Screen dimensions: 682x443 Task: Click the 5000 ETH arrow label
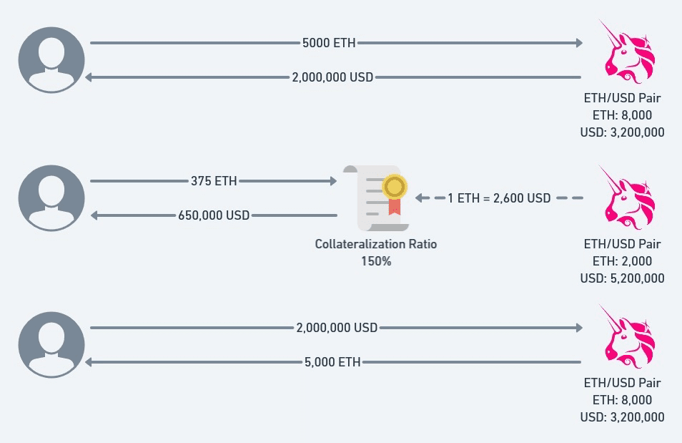[x=329, y=43]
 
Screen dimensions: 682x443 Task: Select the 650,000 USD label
[x=214, y=215]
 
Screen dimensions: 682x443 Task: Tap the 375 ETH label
[x=214, y=181]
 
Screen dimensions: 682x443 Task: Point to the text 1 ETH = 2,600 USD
[x=499, y=198]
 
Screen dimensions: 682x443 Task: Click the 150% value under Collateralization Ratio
[x=376, y=261]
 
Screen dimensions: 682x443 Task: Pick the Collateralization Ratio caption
[x=376, y=244]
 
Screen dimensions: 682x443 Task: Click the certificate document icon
[x=376, y=198]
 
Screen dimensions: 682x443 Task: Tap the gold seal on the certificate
[x=395, y=187]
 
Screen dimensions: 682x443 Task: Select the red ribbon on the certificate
[x=395, y=207]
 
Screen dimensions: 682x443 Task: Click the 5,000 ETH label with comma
[x=332, y=362]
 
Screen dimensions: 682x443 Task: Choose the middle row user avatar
[x=51, y=198]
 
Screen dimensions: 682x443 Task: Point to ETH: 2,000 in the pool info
[x=622, y=261]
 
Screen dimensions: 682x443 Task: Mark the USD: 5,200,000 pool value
[x=622, y=278]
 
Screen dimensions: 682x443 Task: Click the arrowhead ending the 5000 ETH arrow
[x=579, y=43]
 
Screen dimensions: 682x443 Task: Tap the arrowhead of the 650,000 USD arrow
[x=94, y=215]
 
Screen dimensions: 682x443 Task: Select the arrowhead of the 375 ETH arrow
[x=334, y=181]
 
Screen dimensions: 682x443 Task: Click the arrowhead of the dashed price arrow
[x=419, y=198]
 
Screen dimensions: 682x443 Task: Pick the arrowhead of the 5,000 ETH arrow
[x=89, y=362]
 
